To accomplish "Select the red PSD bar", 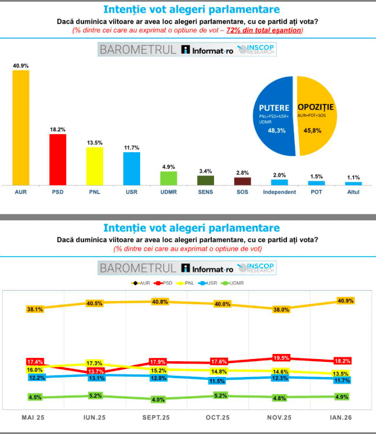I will pyautogui.click(x=58, y=159).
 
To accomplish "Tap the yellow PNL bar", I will pyautogui.click(x=94, y=166).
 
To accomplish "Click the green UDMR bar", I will pyautogui.click(x=168, y=178).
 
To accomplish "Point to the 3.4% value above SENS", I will pyautogui.click(x=205, y=171).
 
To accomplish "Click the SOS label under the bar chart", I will pyautogui.click(x=242, y=192).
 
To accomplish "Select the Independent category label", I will pyautogui.click(x=279, y=192).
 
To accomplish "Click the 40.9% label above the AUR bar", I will pyautogui.click(x=21, y=65).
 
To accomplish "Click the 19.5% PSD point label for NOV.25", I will pyautogui.click(x=281, y=357).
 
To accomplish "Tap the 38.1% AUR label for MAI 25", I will pyautogui.click(x=35, y=309).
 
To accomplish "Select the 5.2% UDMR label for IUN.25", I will pyautogui.click(x=96, y=395).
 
